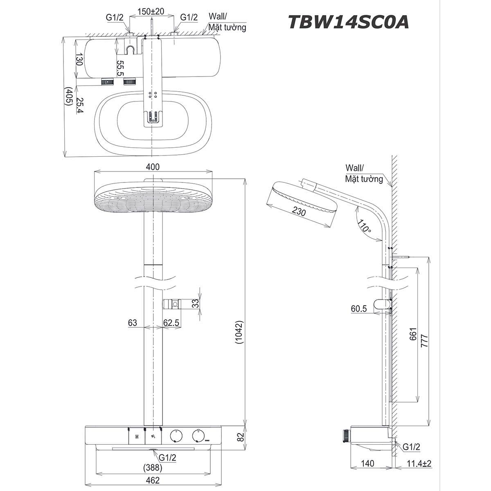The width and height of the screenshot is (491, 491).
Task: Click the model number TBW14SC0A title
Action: [x=348, y=22]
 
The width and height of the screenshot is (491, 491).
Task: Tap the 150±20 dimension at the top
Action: [x=151, y=11]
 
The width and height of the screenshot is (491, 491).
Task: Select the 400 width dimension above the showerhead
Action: [x=153, y=167]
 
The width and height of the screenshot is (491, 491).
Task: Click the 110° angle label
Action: [x=363, y=226]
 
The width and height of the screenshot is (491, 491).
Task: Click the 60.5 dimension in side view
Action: [x=358, y=309]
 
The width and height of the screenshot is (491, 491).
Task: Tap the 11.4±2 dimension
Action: [x=419, y=464]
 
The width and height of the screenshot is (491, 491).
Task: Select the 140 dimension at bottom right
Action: [x=368, y=464]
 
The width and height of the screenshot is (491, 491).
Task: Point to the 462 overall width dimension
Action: [x=153, y=480]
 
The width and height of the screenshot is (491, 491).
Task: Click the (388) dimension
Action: [x=153, y=467]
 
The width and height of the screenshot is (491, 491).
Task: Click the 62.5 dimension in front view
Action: [x=171, y=323]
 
